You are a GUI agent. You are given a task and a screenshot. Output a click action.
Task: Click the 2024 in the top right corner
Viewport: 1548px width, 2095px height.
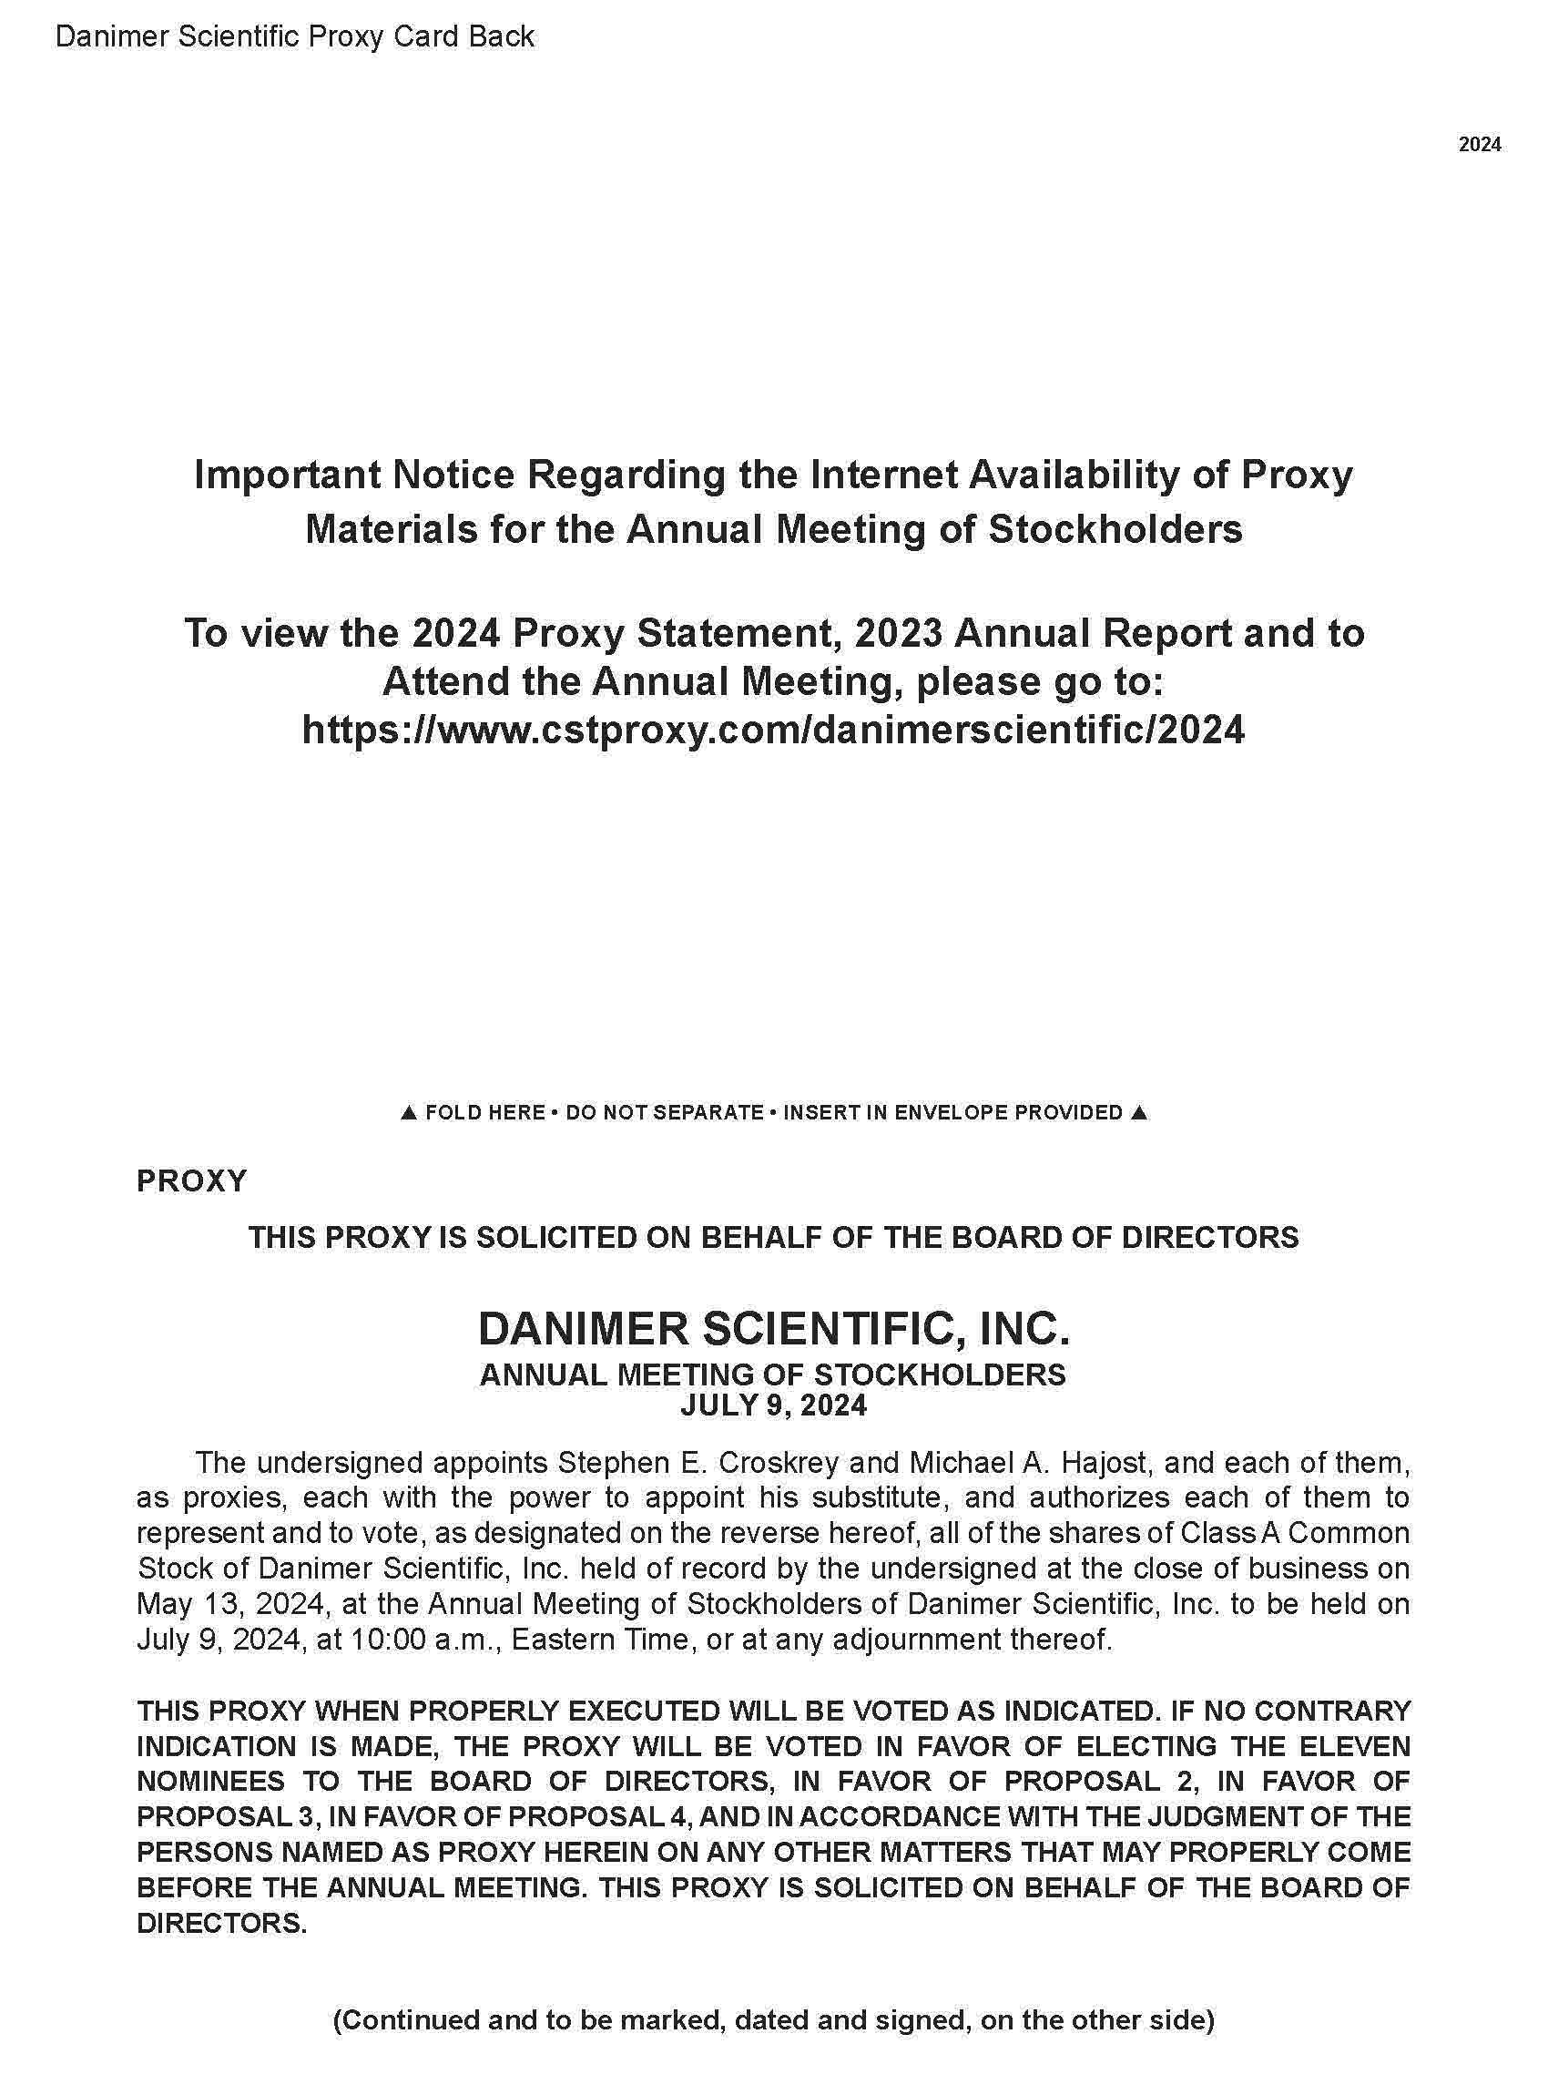pos(1480,144)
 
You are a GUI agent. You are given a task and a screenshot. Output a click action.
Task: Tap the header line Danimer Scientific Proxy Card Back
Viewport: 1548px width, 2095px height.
pos(294,36)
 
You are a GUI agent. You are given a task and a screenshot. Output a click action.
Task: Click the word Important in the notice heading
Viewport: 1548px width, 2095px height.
pos(287,475)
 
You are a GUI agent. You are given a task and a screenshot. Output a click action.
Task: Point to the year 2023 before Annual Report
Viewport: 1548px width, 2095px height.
pos(898,633)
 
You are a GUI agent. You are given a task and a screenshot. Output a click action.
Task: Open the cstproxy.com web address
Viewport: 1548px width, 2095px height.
pos(773,729)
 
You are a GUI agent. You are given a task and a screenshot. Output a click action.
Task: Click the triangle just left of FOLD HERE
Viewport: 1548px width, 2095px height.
pos(408,1113)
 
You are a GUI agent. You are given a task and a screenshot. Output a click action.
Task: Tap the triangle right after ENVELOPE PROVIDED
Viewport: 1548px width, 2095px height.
pos(1138,1113)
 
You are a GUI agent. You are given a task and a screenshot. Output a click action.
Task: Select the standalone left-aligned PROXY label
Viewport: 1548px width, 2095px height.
pos(192,1181)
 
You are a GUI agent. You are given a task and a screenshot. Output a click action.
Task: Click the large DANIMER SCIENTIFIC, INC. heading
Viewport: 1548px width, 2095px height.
pos(773,1328)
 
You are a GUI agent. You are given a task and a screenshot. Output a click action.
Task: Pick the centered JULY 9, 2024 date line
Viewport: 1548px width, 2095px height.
pos(773,1405)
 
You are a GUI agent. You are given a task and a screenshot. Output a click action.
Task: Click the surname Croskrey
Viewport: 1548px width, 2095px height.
pos(797,1462)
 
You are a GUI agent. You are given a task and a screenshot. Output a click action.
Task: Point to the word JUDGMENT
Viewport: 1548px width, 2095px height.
pos(1217,1816)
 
